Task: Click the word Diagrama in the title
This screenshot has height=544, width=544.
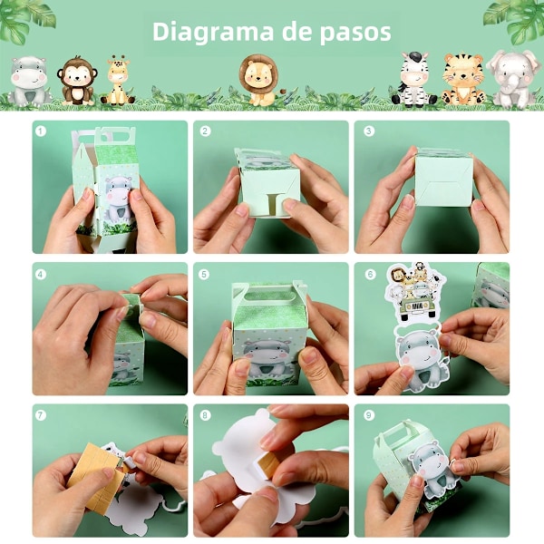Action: pyautogui.click(x=213, y=33)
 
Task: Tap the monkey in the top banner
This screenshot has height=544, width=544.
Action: pyautogui.click(x=77, y=81)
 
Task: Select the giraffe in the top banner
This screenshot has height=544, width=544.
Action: pyautogui.click(x=118, y=80)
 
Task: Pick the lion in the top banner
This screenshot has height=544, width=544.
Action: pyautogui.click(x=259, y=80)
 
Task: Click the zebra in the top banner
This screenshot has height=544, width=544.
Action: pyautogui.click(x=413, y=78)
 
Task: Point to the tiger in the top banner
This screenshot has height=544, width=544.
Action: pyautogui.click(x=462, y=80)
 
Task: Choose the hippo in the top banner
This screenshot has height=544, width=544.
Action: pyautogui.click(x=30, y=82)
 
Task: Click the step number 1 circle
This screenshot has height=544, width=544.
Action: pyautogui.click(x=41, y=131)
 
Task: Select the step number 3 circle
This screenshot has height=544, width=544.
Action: pyautogui.click(x=368, y=131)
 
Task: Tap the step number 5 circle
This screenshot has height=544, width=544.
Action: pyautogui.click(x=204, y=275)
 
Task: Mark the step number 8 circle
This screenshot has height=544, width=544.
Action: pyautogui.click(x=205, y=415)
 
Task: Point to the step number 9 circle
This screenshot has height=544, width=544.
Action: pyautogui.click(x=369, y=415)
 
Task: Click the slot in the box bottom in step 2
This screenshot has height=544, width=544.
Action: pyautogui.click(x=273, y=204)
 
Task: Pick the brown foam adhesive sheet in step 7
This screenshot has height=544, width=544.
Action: pyautogui.click(x=95, y=473)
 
